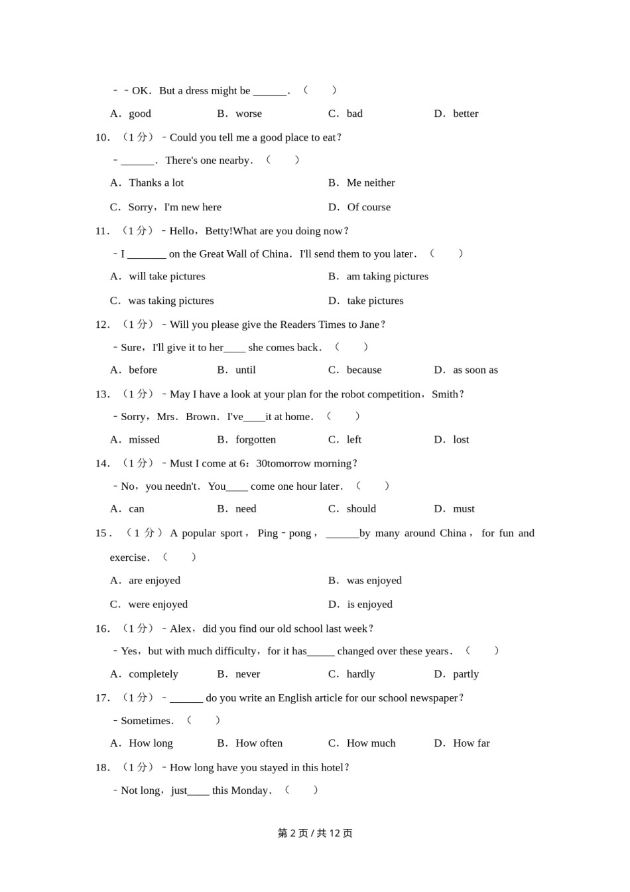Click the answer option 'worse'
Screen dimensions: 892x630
pyautogui.click(x=249, y=113)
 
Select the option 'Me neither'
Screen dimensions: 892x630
pyautogui.click(x=370, y=183)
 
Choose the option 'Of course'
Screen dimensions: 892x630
pyautogui.click(x=369, y=207)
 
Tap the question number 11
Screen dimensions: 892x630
pyautogui.click(x=102, y=231)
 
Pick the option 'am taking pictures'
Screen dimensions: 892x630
pyautogui.click(x=387, y=276)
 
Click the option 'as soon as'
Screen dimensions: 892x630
pyautogui.click(x=475, y=370)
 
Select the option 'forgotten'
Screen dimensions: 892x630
pyautogui.click(x=255, y=439)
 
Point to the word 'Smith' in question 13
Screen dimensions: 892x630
pyautogui.click(x=444, y=394)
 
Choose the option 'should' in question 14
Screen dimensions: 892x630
pyautogui.click(x=361, y=508)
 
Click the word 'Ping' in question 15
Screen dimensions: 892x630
pyautogui.click(x=268, y=533)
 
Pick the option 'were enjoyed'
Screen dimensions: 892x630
pyautogui.click(x=158, y=604)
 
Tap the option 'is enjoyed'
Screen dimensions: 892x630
pyautogui.click(x=369, y=604)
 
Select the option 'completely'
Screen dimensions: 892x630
pyautogui.click(x=153, y=674)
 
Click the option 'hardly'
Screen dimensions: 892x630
pyautogui.click(x=361, y=674)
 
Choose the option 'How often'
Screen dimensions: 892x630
pyautogui.click(x=259, y=743)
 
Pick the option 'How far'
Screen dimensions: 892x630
pyautogui.click(x=471, y=743)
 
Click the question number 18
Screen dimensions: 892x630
pyautogui.click(x=102, y=767)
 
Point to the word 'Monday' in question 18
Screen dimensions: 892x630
pyautogui.click(x=250, y=790)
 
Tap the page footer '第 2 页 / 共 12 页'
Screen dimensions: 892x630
pyautogui.click(x=315, y=833)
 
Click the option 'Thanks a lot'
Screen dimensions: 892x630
pyautogui.click(x=156, y=183)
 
